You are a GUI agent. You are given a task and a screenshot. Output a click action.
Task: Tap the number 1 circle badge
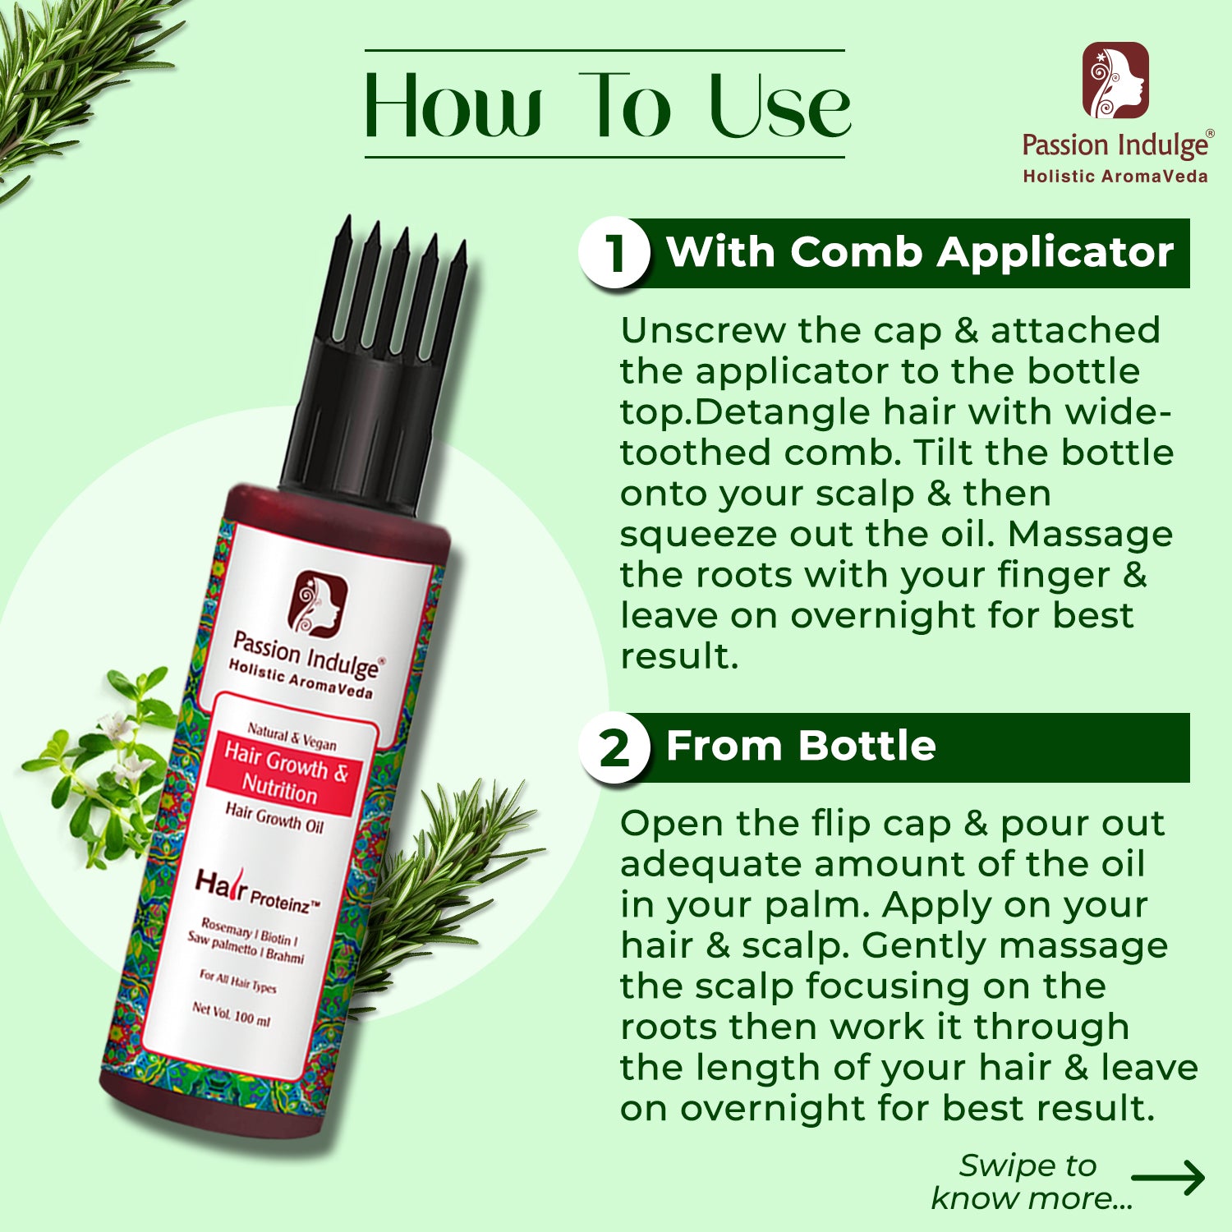(614, 251)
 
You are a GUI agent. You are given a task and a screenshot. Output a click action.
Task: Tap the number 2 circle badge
(614, 747)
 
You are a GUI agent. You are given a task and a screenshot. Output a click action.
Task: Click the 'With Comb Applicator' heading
(920, 251)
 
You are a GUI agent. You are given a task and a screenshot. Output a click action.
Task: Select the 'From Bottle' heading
(801, 746)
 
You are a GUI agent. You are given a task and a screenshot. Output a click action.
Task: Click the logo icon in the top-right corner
(1115, 80)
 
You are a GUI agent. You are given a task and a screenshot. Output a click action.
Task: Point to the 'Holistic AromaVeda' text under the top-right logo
(1115, 176)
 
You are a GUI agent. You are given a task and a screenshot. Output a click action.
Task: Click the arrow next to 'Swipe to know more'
(1168, 1178)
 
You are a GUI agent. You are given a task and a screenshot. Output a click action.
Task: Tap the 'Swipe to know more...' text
(1031, 1182)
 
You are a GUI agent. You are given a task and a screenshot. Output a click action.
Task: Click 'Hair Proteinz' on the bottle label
(256, 893)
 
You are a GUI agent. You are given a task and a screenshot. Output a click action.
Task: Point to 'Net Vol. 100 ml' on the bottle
(231, 1014)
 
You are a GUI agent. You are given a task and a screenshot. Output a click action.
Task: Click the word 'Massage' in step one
(1091, 535)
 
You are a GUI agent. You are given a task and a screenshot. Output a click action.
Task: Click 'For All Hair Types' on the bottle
(237, 981)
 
